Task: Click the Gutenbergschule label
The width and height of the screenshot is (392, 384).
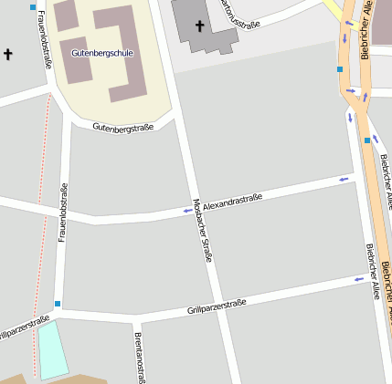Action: click(x=101, y=53)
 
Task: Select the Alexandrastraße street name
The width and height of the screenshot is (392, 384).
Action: click(x=232, y=202)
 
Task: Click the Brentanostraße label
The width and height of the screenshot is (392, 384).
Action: click(x=140, y=356)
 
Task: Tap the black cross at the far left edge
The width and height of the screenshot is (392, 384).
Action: click(x=9, y=54)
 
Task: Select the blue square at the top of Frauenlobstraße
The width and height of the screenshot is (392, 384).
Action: click(x=34, y=7)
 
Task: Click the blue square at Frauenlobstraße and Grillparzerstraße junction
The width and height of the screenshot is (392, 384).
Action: click(x=58, y=304)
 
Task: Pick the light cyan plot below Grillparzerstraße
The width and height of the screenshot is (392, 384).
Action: click(x=52, y=349)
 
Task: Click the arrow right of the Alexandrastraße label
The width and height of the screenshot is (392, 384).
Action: click(x=344, y=180)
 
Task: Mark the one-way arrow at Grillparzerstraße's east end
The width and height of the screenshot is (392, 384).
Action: click(x=358, y=280)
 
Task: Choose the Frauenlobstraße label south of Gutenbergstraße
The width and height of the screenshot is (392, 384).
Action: click(x=62, y=212)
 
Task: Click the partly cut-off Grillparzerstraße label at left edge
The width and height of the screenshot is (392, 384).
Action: click(x=23, y=327)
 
